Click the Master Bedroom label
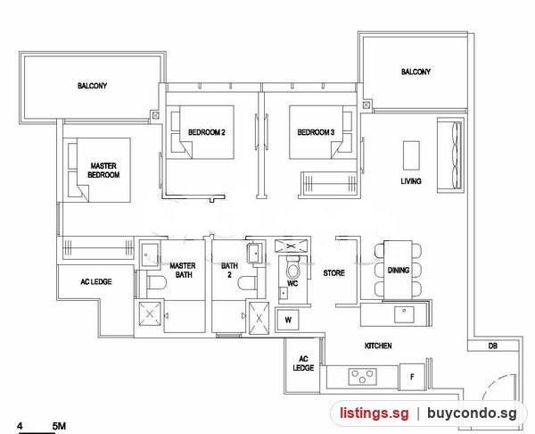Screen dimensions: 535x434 103,171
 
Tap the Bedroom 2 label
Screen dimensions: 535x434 207,132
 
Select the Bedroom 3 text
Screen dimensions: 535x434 316,132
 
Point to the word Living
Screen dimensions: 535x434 411,181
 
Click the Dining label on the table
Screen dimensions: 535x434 399,271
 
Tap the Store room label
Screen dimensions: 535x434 334,273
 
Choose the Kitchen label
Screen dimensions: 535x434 378,346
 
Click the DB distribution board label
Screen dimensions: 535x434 492,346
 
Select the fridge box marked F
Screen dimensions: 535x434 412,377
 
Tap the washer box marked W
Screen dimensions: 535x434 288,320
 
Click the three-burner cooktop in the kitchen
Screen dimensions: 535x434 362,377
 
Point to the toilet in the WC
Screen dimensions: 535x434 292,267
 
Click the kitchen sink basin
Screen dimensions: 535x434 404,314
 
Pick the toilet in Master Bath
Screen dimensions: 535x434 156,283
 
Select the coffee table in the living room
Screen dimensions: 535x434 411,155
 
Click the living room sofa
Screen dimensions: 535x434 450,155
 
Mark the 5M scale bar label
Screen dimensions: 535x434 59,426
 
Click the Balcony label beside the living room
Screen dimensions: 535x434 416,71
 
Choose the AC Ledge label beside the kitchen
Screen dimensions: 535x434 303,363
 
